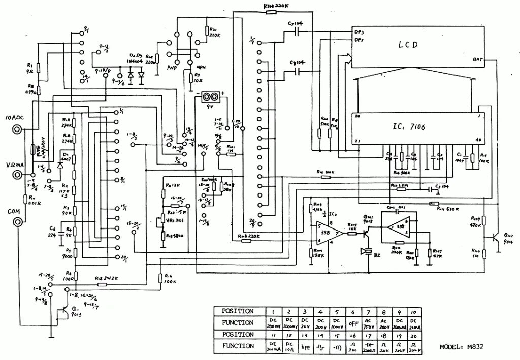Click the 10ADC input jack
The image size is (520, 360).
pyautogui.click(x=18, y=130)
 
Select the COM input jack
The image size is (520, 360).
pyautogui.click(x=18, y=222)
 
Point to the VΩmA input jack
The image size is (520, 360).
pyautogui.click(x=18, y=175)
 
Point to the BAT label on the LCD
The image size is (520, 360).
pyautogui.click(x=477, y=59)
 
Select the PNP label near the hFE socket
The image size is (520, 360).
pyautogui.click(x=172, y=67)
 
